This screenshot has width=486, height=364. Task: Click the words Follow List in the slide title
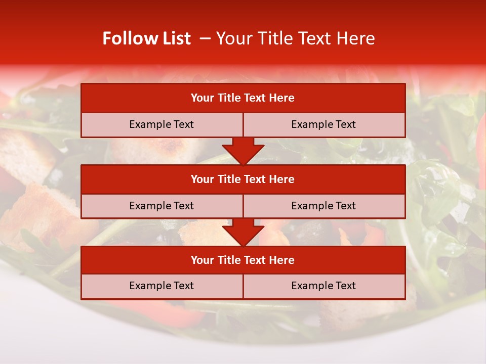click(146, 38)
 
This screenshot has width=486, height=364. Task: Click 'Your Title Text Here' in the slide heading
click(296, 38)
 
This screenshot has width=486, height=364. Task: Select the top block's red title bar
click(243, 98)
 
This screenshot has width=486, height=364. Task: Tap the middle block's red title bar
click(243, 179)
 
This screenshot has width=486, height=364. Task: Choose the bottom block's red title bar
click(243, 260)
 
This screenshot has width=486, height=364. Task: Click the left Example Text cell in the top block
click(161, 124)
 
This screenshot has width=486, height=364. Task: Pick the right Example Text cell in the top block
click(323, 124)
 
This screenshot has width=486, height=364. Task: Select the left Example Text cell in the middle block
click(161, 206)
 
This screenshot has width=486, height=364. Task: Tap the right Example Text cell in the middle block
click(323, 206)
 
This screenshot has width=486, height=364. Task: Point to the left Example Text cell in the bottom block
click(161, 286)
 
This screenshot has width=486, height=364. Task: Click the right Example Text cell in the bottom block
click(323, 286)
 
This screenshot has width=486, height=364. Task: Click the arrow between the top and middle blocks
click(243, 151)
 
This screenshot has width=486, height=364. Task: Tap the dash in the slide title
click(205, 38)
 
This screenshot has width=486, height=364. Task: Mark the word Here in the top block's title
click(282, 98)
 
